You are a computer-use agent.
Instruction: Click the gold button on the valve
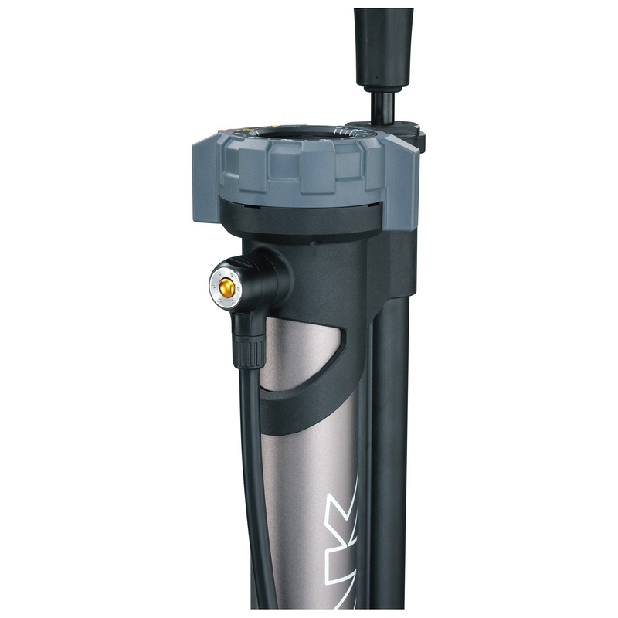(226, 286)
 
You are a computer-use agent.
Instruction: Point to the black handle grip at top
(383, 42)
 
